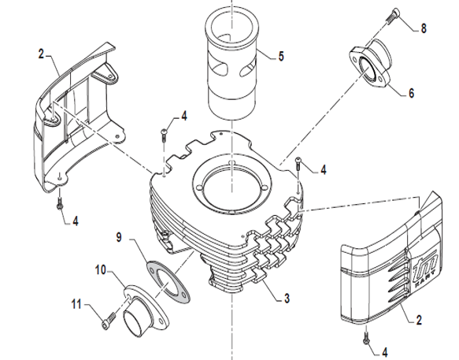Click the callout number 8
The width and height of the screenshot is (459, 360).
(x=424, y=28)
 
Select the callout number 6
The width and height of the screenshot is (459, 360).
(x=411, y=93)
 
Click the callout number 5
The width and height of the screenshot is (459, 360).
(x=281, y=56)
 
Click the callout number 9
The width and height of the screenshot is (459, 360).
(x=119, y=237)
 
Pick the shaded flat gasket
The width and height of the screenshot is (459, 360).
(x=168, y=281)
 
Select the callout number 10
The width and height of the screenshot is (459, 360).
(x=101, y=269)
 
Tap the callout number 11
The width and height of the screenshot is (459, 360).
(x=76, y=304)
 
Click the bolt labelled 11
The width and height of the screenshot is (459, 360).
(x=109, y=321)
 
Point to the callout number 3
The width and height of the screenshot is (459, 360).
(x=287, y=299)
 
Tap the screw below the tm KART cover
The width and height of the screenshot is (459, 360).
(x=365, y=339)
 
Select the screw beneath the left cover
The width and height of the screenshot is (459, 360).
(x=60, y=203)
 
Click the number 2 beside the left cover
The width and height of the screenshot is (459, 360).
(x=41, y=54)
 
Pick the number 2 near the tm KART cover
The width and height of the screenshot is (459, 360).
(x=419, y=320)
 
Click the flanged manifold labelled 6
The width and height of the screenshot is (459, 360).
(x=370, y=63)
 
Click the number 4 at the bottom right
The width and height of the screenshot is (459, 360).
(x=385, y=352)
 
